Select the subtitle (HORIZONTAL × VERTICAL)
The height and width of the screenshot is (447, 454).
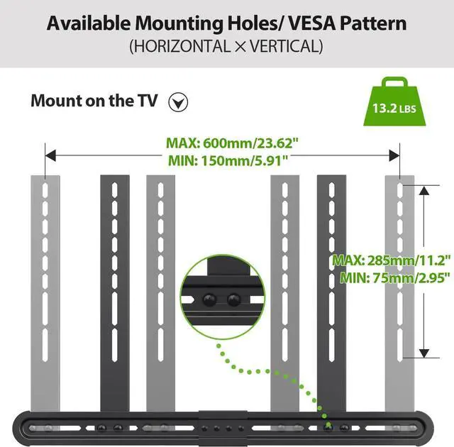(226, 48)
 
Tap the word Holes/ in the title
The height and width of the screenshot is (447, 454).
(244, 23)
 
